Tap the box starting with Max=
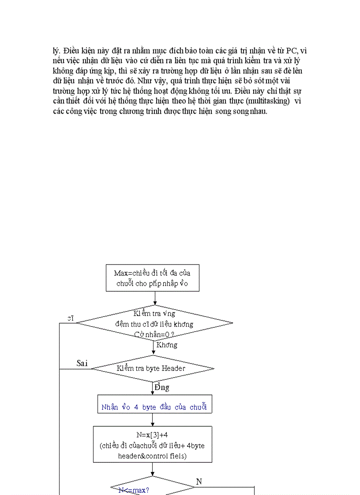[152, 278]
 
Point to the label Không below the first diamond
[167, 345]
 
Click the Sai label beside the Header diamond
[82, 363]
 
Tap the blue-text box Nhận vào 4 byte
[154, 407]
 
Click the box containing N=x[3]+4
[153, 444]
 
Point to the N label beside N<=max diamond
[199, 481]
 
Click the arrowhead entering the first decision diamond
[154, 303]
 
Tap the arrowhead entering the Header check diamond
[154, 353]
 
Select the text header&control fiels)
[153, 456]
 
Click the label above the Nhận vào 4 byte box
[162, 387]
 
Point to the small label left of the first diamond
[70, 318]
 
